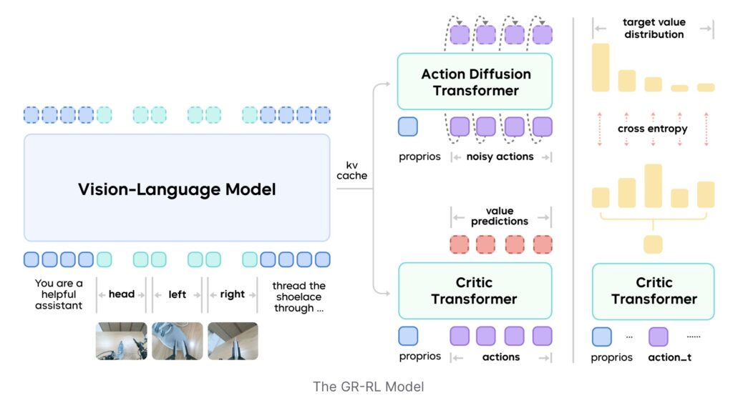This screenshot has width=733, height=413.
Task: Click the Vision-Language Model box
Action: click(177, 189)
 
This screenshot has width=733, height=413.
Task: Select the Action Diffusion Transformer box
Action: click(475, 82)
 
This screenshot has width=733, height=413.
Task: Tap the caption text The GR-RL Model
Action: click(368, 387)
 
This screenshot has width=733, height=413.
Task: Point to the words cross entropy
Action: click(652, 129)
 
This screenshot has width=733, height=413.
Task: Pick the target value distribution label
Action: click(653, 29)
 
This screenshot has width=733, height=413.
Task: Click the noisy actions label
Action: click(501, 156)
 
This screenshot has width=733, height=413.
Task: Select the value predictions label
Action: click(500, 216)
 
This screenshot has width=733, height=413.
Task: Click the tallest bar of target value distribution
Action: click(601, 67)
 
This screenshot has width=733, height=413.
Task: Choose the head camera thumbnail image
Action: click(121, 341)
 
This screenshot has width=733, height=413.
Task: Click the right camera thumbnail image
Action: click(233, 341)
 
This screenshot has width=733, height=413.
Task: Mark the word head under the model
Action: click(122, 294)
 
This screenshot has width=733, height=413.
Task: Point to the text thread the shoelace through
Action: click(298, 297)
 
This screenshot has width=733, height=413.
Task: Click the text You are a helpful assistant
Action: click(59, 294)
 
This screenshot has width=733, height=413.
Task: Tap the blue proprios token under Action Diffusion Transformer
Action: click(408, 127)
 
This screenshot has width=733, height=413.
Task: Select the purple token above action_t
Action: click(658, 337)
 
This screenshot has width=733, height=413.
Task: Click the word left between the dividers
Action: click(177, 294)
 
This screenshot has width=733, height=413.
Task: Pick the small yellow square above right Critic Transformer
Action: click(653, 244)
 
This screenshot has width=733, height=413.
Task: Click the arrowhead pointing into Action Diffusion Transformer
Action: click(387, 84)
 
